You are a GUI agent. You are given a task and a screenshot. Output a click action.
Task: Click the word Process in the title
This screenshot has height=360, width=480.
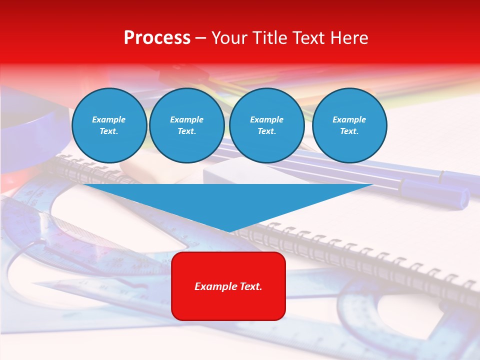[157, 38]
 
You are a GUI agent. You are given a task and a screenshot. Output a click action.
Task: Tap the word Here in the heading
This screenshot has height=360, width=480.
[349, 38]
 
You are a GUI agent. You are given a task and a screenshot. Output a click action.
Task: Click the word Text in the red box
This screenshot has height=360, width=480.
[250, 286]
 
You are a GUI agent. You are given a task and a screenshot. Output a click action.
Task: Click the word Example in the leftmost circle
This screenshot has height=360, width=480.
[109, 119]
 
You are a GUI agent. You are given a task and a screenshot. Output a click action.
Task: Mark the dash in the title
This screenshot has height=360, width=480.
[201, 38]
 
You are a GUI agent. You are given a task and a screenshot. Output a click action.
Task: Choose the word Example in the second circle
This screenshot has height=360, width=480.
[186, 119]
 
